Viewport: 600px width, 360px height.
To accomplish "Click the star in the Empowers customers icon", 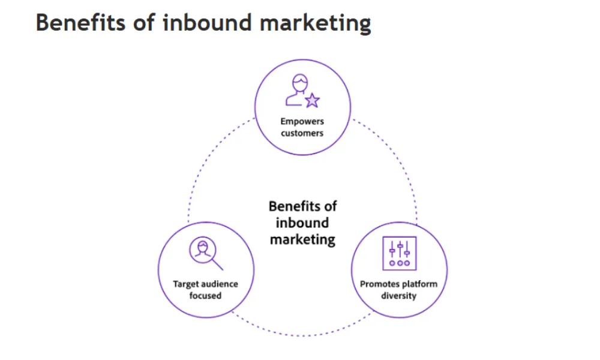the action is click(x=312, y=100).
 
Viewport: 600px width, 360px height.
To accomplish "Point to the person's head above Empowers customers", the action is click(x=299, y=82).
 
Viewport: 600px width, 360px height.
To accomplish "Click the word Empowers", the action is click(x=302, y=122).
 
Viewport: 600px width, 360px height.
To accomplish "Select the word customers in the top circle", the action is click(x=302, y=133).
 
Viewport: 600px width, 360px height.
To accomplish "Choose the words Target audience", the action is click(x=206, y=284).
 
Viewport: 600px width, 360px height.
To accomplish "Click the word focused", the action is click(x=206, y=295).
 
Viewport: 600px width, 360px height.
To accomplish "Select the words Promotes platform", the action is click(x=398, y=284).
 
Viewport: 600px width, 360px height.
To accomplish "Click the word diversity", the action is click(x=398, y=295).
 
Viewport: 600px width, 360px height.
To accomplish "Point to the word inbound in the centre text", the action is click(x=302, y=223).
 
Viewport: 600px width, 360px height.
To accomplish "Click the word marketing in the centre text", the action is click(x=302, y=239).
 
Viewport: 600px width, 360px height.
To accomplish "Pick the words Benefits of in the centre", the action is click(x=302, y=206).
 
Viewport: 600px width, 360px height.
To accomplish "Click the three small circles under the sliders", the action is click(x=399, y=263).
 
